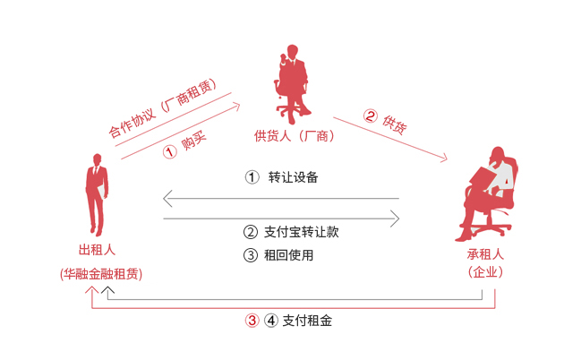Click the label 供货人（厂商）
(294, 136)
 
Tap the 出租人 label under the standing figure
(97, 250)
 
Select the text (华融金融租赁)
(101, 274)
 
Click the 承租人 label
(485, 254)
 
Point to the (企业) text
(485, 272)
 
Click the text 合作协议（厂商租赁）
(163, 107)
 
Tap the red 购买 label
(193, 141)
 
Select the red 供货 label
(395, 124)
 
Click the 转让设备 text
(293, 177)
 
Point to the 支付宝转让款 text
(302, 232)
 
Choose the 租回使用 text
(289, 255)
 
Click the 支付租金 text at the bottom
(307, 321)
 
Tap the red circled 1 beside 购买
(170, 151)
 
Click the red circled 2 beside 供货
(370, 116)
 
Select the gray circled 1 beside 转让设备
(252, 177)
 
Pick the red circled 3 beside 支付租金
(252, 321)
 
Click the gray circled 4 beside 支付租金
(271, 321)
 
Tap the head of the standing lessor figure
(97, 159)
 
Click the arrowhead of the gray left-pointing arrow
(167, 198)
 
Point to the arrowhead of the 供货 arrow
(445, 158)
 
